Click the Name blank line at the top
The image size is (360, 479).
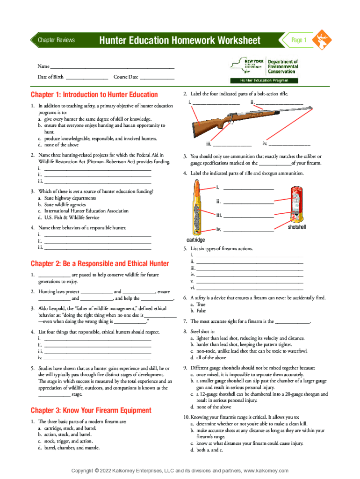(112, 68)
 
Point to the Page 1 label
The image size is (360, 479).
(298, 40)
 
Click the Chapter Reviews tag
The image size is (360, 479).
(56, 40)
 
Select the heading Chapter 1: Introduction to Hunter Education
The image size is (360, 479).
(94, 94)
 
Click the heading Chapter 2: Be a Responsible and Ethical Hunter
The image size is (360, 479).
(100, 263)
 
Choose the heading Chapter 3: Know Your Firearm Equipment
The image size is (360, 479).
(91, 410)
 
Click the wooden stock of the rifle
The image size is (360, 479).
(210, 125)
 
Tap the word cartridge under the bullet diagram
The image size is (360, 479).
(196, 240)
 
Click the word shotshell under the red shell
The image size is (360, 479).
(297, 227)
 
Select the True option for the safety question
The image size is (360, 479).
(201, 305)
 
